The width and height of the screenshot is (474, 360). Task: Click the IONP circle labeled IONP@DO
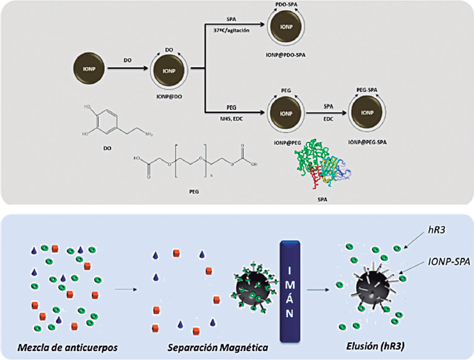coord(170,70)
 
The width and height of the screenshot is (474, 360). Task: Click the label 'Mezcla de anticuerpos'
coord(62,348)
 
